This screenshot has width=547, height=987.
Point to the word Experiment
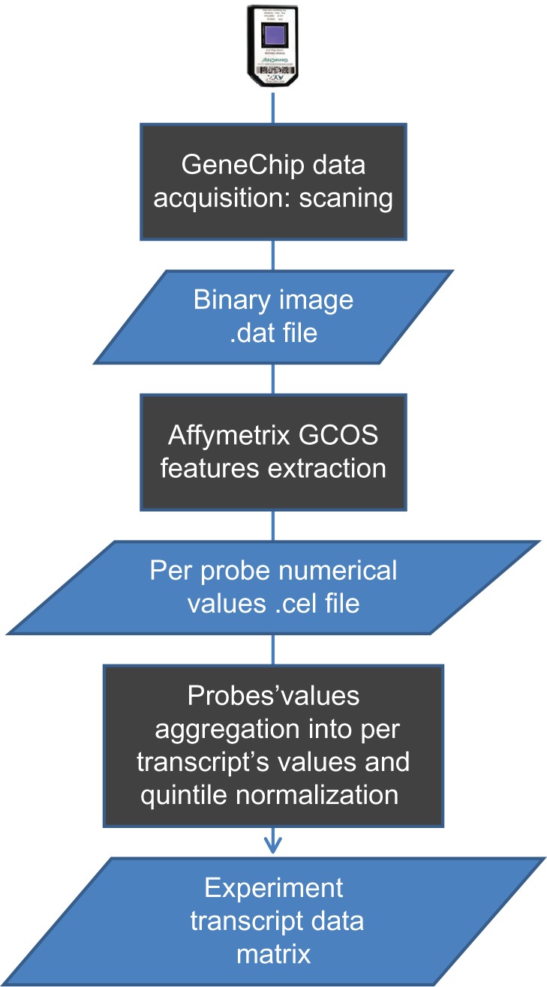pyautogui.click(x=273, y=889)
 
